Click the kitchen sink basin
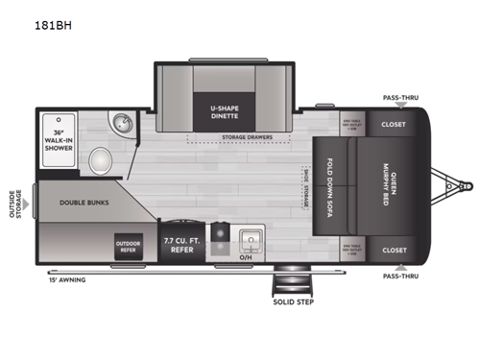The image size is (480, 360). pos(252,238)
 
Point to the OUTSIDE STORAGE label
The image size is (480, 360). pos(14,203)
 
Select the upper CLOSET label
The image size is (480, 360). pos(393,124)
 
